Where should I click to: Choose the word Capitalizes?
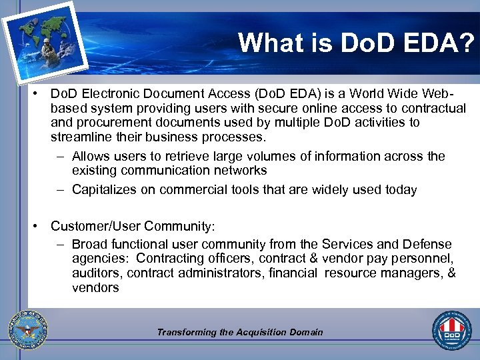tap(106, 190)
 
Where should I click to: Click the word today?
tap(401, 190)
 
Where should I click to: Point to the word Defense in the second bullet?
tap(429, 245)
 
